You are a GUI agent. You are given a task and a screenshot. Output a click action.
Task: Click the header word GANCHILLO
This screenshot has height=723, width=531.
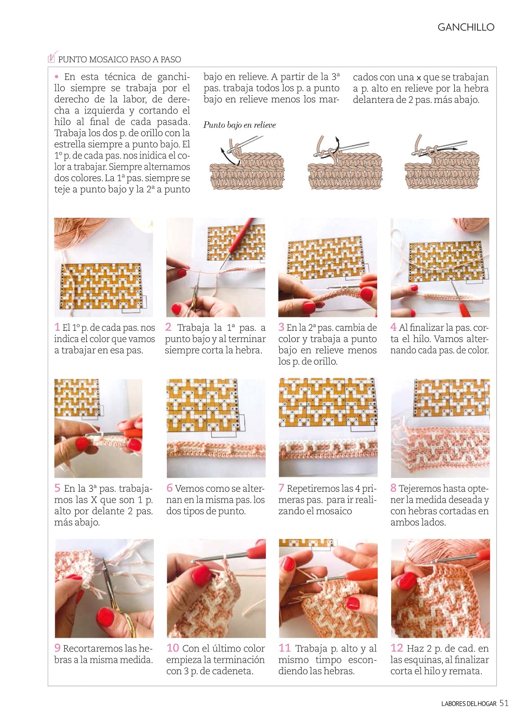point(465,27)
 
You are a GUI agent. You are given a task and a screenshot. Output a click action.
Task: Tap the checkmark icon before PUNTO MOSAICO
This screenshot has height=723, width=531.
point(53,57)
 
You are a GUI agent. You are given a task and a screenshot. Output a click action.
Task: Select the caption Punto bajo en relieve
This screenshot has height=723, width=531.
point(239,125)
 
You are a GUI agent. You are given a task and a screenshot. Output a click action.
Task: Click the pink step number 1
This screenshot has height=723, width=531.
point(57,327)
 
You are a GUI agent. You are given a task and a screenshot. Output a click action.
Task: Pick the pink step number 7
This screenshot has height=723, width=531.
point(281,488)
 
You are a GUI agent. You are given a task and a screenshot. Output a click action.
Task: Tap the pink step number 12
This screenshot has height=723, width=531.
point(396,648)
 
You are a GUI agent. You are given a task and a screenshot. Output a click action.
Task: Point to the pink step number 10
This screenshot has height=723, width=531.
point(173,648)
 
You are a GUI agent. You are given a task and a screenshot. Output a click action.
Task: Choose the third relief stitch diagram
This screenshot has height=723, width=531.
point(442,161)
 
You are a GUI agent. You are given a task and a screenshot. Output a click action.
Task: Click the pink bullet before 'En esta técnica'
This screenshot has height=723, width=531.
point(57,77)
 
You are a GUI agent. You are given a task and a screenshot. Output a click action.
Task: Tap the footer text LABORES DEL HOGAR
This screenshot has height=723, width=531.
point(469,704)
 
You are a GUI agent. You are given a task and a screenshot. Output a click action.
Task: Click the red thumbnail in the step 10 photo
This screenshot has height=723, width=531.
point(202,576)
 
